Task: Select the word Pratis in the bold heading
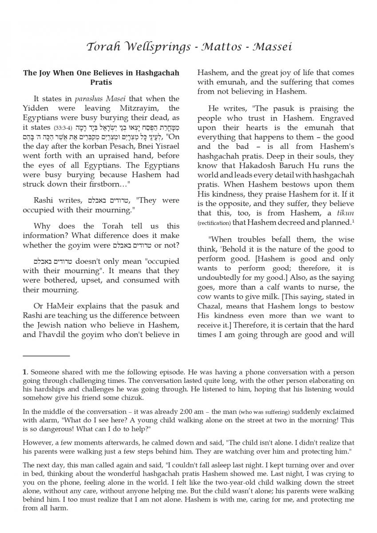101,83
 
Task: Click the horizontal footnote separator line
46,356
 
